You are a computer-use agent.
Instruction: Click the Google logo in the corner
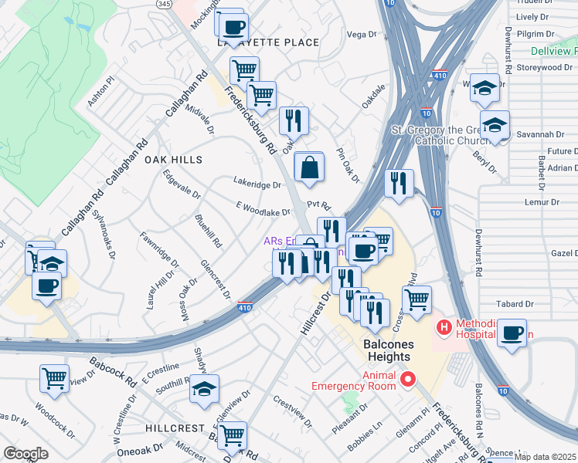25,454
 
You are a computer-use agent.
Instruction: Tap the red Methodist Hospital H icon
444,327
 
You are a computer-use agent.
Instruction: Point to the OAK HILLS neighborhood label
173,160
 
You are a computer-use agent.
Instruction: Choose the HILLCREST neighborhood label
175,428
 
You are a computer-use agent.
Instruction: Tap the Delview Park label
554,52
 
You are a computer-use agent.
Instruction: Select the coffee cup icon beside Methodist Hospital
511,333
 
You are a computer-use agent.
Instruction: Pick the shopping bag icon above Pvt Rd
309,167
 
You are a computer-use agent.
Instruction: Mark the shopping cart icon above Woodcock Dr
54,378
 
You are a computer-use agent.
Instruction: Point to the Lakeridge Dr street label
257,184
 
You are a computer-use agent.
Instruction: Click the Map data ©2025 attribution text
545,457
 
